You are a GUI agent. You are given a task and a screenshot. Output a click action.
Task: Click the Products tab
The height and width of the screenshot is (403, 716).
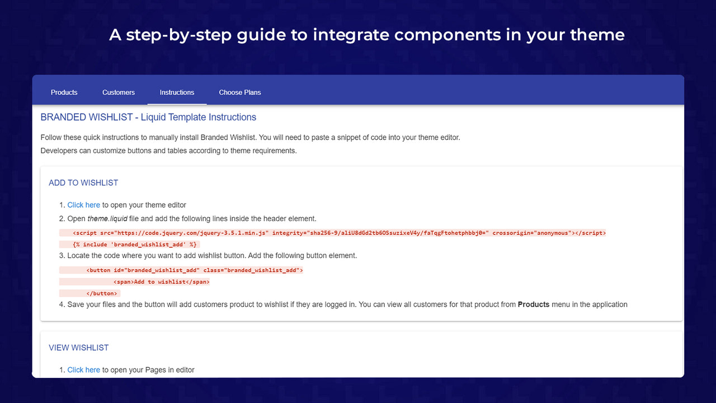click(x=64, y=92)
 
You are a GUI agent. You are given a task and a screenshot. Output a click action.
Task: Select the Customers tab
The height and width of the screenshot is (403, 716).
click(x=118, y=92)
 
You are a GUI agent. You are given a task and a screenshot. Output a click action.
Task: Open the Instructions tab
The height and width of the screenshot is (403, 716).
click(x=177, y=92)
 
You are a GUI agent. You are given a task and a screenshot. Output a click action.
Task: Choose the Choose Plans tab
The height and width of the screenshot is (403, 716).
click(x=240, y=92)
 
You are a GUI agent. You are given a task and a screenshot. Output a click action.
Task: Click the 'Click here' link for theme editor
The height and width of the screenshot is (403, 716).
click(x=84, y=205)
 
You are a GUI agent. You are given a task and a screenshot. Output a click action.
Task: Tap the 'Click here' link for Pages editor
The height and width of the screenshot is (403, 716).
click(x=84, y=370)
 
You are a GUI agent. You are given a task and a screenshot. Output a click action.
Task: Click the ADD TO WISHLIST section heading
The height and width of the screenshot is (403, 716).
click(x=83, y=183)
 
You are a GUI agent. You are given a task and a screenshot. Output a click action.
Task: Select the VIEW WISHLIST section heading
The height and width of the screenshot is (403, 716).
click(x=79, y=348)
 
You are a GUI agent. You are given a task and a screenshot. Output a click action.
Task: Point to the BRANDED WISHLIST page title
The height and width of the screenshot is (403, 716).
click(x=148, y=118)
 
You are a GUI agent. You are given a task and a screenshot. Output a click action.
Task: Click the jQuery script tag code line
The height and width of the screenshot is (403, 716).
click(x=339, y=233)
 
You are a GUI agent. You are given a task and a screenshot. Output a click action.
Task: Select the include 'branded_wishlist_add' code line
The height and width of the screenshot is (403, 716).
click(x=134, y=245)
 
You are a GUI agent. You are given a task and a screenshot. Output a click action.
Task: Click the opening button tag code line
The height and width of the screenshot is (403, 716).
click(x=195, y=270)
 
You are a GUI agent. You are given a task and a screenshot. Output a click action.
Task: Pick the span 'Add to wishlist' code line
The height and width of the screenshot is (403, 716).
click(x=161, y=282)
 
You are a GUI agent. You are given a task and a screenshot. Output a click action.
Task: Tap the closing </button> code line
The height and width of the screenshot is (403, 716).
click(x=101, y=294)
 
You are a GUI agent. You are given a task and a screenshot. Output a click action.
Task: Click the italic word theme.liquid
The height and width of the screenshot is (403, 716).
click(x=107, y=219)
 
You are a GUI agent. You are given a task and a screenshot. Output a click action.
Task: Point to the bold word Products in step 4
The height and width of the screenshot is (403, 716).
click(x=534, y=304)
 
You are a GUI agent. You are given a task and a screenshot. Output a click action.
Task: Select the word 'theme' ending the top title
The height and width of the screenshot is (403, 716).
click(x=597, y=35)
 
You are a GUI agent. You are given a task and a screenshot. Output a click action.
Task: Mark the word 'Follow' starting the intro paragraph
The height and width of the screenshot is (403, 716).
click(x=51, y=137)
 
